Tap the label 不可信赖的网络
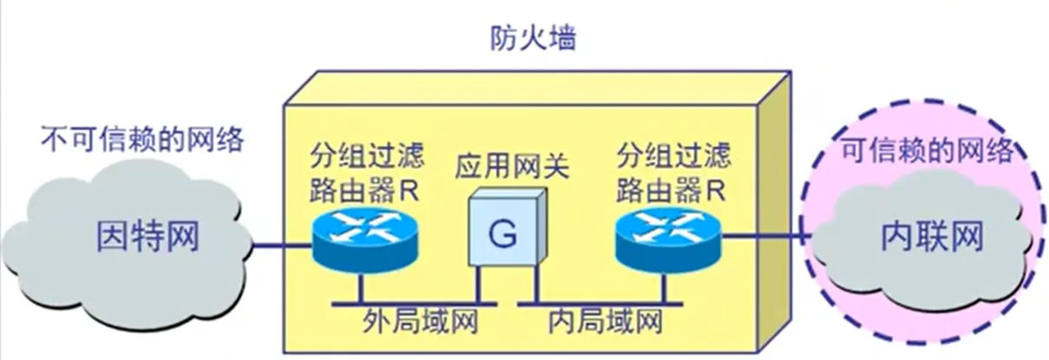pyautogui.click(x=142, y=137)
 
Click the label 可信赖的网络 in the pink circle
pyautogui.click(x=928, y=152)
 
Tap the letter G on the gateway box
pyautogui.click(x=501, y=232)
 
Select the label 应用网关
pyautogui.click(x=512, y=167)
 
